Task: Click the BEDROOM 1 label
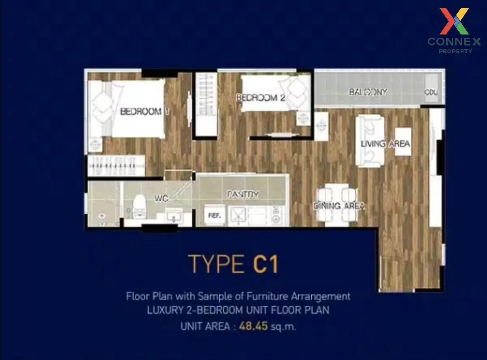click(x=144, y=112)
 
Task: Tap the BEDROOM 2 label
click(x=261, y=98)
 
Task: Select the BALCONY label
click(x=368, y=92)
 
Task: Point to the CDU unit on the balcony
click(x=431, y=93)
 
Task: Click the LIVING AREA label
click(x=385, y=144)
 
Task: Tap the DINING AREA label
click(x=339, y=206)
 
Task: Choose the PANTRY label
click(x=243, y=195)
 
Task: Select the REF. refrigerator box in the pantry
click(x=214, y=216)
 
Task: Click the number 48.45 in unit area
click(x=254, y=326)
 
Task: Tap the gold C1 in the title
click(x=266, y=264)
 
